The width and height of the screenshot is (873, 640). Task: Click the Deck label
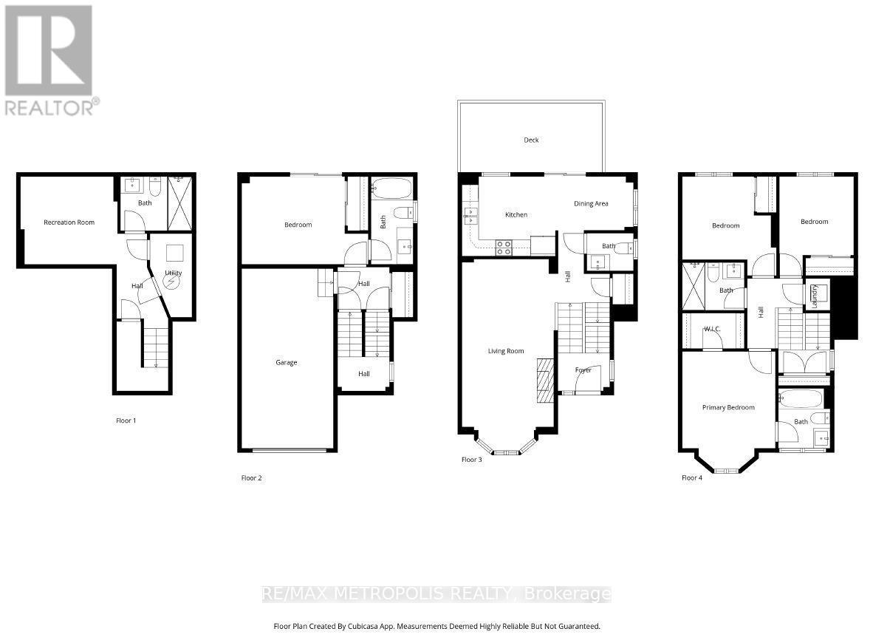(531, 140)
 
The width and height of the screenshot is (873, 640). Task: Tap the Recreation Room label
(69, 222)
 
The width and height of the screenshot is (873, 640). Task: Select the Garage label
(287, 362)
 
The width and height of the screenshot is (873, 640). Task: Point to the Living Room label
(506, 351)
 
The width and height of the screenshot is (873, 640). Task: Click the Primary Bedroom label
(728, 407)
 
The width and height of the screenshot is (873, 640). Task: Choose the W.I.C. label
(712, 329)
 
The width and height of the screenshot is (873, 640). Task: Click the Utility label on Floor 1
(174, 273)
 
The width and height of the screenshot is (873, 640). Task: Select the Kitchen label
(516, 215)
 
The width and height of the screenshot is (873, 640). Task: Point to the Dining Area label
(591, 203)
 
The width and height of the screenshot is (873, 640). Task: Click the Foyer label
(583, 370)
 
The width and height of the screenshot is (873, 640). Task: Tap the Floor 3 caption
(472, 460)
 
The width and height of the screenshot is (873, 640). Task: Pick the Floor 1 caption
(126, 421)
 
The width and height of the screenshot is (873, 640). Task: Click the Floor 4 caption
(692, 478)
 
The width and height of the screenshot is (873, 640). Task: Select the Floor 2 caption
(251, 478)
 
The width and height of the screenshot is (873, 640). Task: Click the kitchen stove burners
(504, 248)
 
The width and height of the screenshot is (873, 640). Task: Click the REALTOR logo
(49, 59)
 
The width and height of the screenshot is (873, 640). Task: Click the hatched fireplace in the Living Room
(544, 381)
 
